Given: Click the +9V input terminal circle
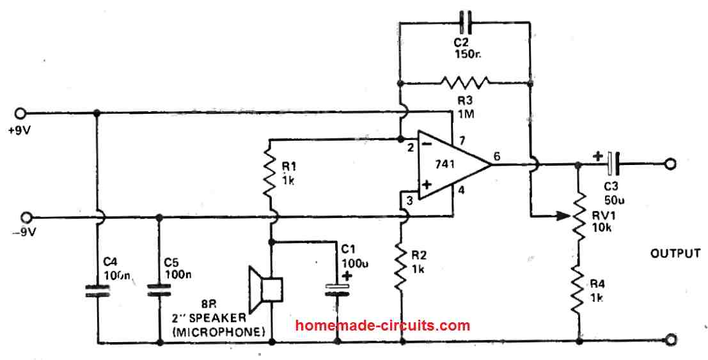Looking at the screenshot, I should coord(22,113).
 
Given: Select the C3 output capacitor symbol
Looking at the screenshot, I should coord(613,164).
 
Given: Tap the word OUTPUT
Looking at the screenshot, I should coord(675,254).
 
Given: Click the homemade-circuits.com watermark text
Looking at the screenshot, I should coord(382,325).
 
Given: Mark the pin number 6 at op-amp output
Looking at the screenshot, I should coord(497,156).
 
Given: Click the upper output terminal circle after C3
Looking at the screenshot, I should coord(669,164).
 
